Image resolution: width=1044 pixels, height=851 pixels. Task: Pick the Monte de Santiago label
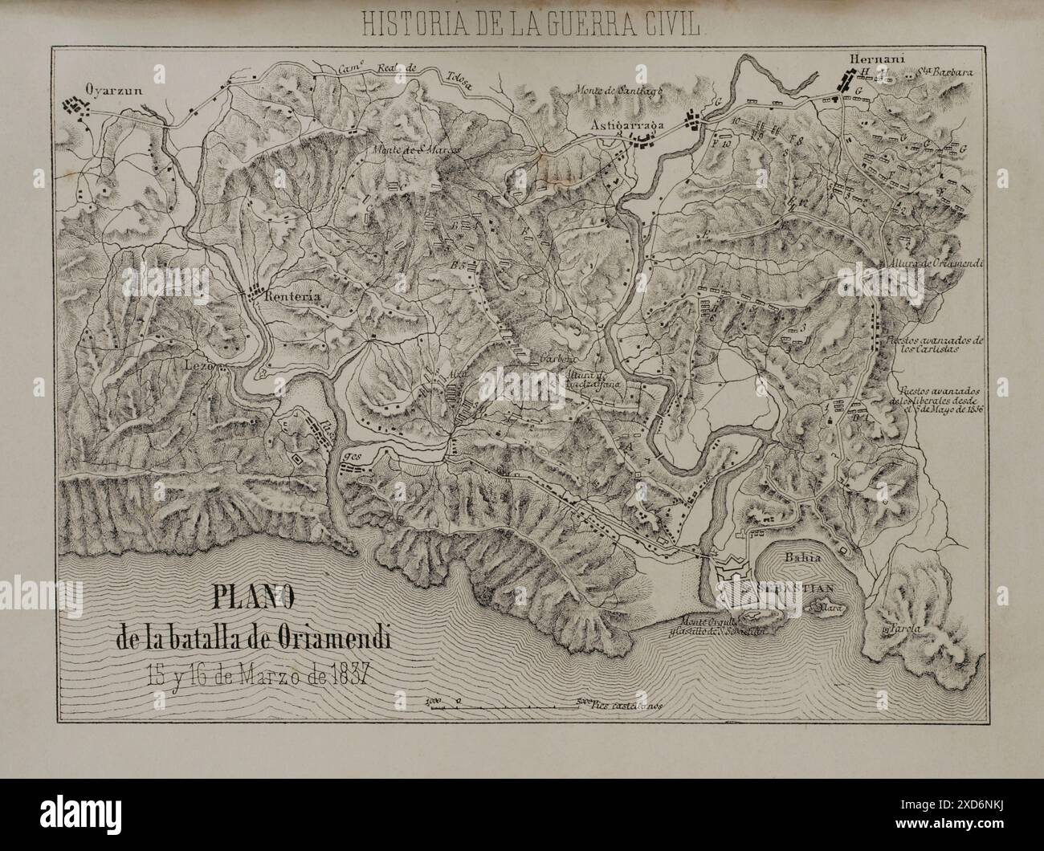617,90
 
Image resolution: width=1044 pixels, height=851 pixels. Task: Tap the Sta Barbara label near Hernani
946,72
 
